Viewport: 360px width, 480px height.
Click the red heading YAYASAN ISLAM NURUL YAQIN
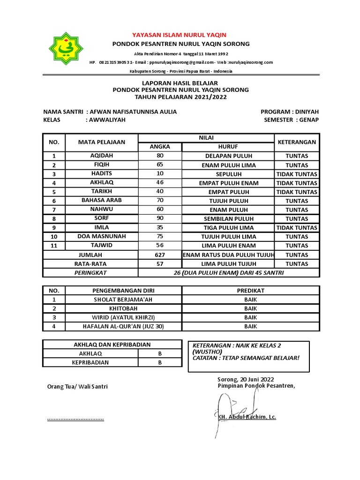pyautogui.click(x=180, y=35)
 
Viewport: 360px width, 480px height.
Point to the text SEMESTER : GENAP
pyautogui.click(x=291, y=120)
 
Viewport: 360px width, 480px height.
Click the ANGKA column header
pyautogui.click(x=159, y=147)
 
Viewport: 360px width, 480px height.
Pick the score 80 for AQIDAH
pyautogui.click(x=159, y=156)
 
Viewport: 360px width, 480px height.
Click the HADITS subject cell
pyautogui.click(x=102, y=173)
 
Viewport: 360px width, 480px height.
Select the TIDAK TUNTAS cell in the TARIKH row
pyautogui.click(x=296, y=192)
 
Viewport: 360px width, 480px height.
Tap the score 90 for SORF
pyautogui.click(x=159, y=218)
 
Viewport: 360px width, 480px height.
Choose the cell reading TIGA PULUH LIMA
pyautogui.click(x=227, y=227)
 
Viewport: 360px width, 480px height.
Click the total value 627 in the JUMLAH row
pyautogui.click(x=159, y=255)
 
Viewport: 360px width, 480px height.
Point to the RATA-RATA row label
pyautogui.click(x=90, y=263)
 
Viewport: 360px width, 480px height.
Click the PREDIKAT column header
pyautogui.click(x=250, y=291)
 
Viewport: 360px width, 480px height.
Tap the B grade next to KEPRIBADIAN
pyautogui.click(x=159, y=362)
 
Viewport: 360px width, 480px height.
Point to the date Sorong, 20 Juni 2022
pyautogui.click(x=246, y=379)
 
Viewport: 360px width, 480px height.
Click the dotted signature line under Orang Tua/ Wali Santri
pyautogui.click(x=75, y=418)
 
